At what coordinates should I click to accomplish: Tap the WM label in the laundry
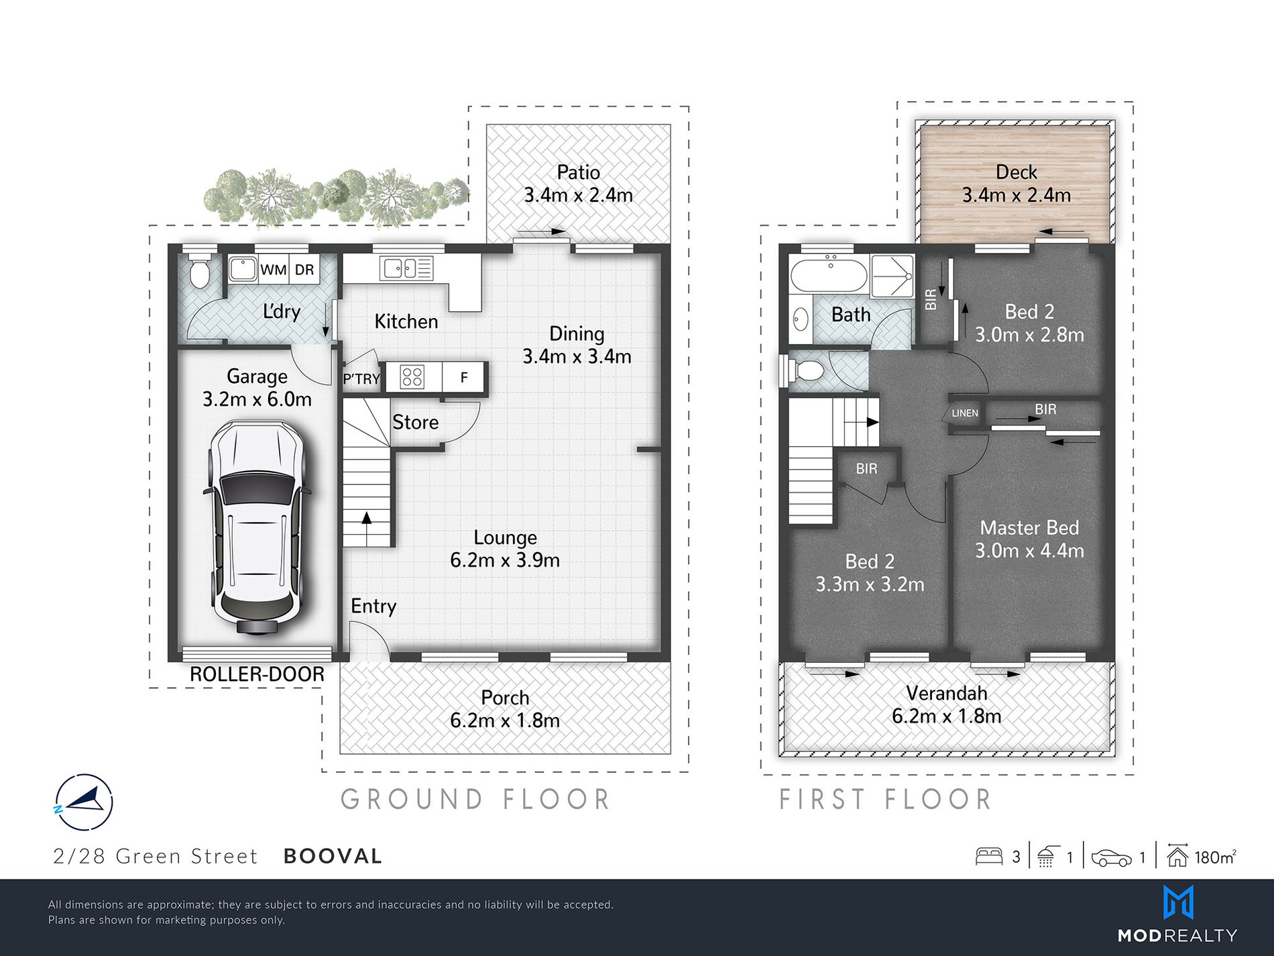pyautogui.click(x=274, y=270)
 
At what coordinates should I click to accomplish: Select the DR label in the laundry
pyautogui.click(x=304, y=270)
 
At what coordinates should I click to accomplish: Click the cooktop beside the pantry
pyautogui.click(x=412, y=377)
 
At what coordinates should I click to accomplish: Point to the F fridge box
pyautogui.click(x=464, y=377)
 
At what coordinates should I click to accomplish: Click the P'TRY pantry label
pyautogui.click(x=361, y=379)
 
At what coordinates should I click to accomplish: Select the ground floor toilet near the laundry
pyautogui.click(x=199, y=270)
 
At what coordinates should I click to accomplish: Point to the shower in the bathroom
pyautogui.click(x=892, y=276)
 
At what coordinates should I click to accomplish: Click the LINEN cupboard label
pyautogui.click(x=965, y=413)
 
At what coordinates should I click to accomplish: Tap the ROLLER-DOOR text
pyautogui.click(x=257, y=674)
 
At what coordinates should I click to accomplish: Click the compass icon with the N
pyautogui.click(x=83, y=802)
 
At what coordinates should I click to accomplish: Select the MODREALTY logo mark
pyautogui.click(x=1178, y=903)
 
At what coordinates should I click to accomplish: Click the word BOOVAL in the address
pyautogui.click(x=333, y=856)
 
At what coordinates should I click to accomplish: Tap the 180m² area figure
pyautogui.click(x=1216, y=857)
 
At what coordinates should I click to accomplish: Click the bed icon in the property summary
pyautogui.click(x=989, y=857)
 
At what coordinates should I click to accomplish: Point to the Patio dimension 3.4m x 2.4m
pyautogui.click(x=578, y=195)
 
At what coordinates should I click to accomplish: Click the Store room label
pyautogui.click(x=416, y=422)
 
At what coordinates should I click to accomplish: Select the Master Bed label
pyautogui.click(x=1029, y=528)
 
